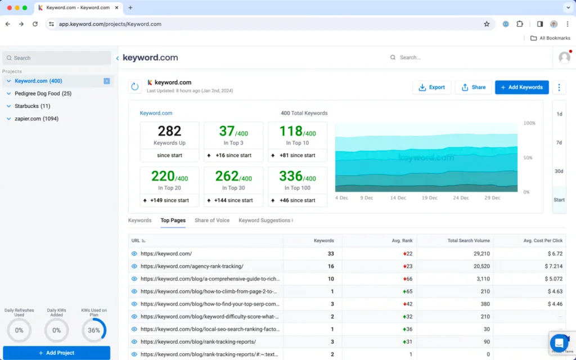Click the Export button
tap(431, 87)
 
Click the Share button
tap(473, 87)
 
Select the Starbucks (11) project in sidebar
tap(32, 106)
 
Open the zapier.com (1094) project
tap(36, 119)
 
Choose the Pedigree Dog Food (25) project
tap(43, 93)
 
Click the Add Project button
tap(56, 353)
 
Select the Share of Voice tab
tap(211, 220)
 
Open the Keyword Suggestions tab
tap(265, 220)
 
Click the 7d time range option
tap(559, 143)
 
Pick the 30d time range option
tap(559, 172)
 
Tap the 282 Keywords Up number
tap(169, 131)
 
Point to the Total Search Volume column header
tap(469, 241)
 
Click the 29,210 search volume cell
tap(478, 254)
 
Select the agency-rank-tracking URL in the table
tap(192, 267)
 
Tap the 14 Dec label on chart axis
tap(398, 198)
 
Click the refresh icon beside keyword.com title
tap(135, 87)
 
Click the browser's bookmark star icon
tap(487, 24)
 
